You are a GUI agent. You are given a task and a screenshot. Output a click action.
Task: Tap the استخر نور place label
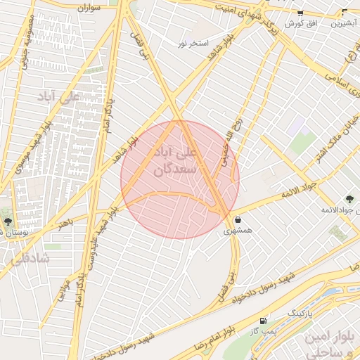point(193,44)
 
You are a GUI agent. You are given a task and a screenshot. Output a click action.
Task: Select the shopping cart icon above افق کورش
point(300,13)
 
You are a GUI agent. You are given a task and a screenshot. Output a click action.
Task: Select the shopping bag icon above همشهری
point(237,219)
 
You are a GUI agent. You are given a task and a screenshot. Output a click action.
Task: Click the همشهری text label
point(238,230)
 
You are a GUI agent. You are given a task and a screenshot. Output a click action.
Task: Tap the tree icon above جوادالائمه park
point(349,200)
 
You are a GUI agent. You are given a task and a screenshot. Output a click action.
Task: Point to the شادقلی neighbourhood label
point(30,259)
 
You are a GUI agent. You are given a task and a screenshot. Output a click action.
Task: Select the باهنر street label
point(65,223)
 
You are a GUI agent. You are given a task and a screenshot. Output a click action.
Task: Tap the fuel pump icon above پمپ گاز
point(263,321)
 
